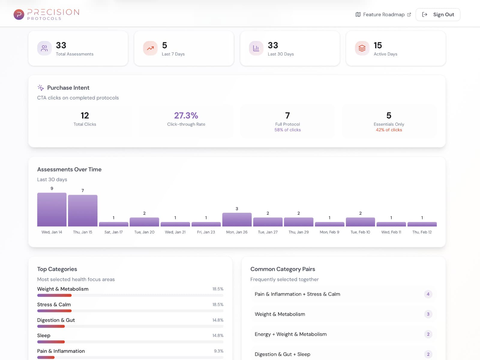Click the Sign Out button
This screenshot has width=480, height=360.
point(438,14)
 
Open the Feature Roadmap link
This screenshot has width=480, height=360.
point(383,14)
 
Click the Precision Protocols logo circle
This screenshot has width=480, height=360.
point(19,14)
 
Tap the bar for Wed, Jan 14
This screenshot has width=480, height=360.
point(52,209)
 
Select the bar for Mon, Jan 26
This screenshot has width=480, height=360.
point(237,220)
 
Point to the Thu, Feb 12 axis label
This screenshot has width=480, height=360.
point(422,232)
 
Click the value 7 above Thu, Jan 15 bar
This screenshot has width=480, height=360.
point(82,190)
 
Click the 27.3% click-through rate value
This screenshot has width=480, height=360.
point(186,115)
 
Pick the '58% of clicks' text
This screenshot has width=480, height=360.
point(287,130)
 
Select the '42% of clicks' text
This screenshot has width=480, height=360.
point(389,130)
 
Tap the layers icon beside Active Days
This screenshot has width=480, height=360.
point(362,48)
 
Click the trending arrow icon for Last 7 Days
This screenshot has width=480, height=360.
point(150,48)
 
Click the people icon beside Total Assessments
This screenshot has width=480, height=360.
point(44,48)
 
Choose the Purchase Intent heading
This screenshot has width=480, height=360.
point(68,88)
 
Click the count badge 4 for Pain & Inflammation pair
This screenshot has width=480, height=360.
point(428,294)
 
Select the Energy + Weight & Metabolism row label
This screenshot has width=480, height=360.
point(290,334)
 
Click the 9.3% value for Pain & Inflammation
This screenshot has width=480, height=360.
point(218,351)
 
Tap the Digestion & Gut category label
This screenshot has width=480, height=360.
point(56,320)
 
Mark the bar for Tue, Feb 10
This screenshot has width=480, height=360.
point(360,222)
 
